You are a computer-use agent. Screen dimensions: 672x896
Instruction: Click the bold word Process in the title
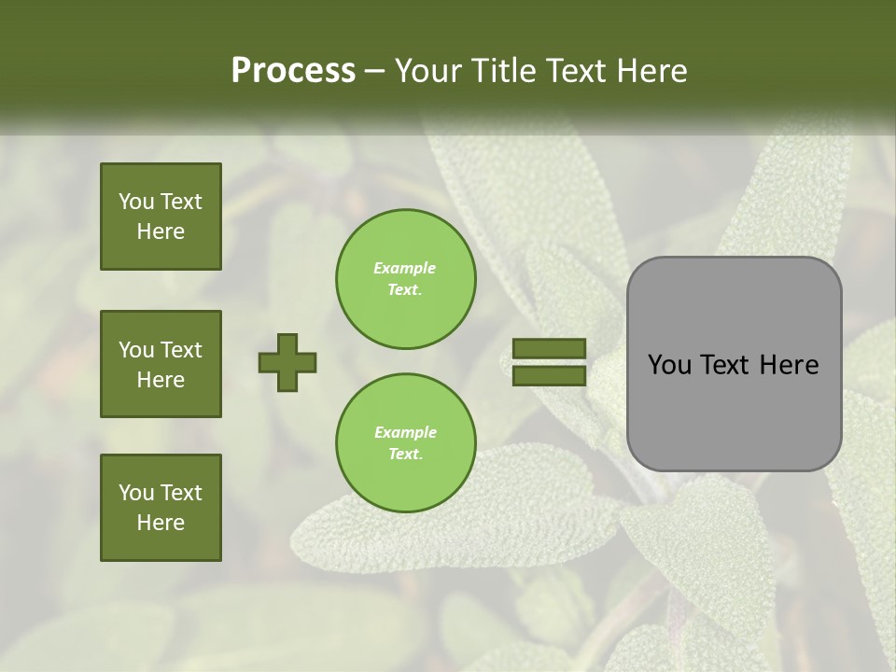pyautogui.click(x=293, y=71)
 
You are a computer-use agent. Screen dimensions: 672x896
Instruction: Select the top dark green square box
pyautogui.click(x=161, y=217)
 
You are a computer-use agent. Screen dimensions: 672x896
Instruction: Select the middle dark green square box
pyautogui.click(x=161, y=364)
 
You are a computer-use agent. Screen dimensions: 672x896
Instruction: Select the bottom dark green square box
pyautogui.click(x=161, y=508)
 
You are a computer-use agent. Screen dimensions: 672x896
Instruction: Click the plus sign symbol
pyautogui.click(x=287, y=362)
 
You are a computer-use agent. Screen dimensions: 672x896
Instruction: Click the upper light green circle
pyautogui.click(x=406, y=278)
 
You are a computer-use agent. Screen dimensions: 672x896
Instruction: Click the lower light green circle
pyautogui.click(x=406, y=442)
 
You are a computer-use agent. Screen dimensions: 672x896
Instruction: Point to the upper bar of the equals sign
pyautogui.click(x=549, y=349)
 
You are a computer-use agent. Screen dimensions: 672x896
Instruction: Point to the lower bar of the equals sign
pyautogui.click(x=549, y=375)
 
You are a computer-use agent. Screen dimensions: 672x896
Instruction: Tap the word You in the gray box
pyautogui.click(x=668, y=365)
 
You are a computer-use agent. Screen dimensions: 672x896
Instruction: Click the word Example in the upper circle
pyautogui.click(x=405, y=268)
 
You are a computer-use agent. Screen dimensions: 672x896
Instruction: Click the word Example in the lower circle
pyautogui.click(x=405, y=432)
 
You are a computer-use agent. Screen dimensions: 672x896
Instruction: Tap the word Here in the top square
pyautogui.click(x=161, y=231)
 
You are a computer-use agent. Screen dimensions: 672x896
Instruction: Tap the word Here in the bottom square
pyautogui.click(x=161, y=523)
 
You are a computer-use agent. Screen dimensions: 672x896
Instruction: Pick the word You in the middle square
pyautogui.click(x=136, y=350)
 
